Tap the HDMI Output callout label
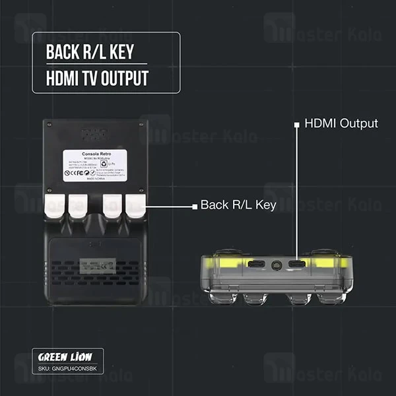click(x=341, y=123)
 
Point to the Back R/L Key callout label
click(x=238, y=205)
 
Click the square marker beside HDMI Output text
click(x=297, y=123)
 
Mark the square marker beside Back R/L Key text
click(x=194, y=206)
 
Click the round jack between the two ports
click(x=274, y=265)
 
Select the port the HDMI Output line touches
click(x=297, y=265)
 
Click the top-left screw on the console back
click(x=48, y=123)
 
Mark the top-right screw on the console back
click(x=139, y=123)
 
